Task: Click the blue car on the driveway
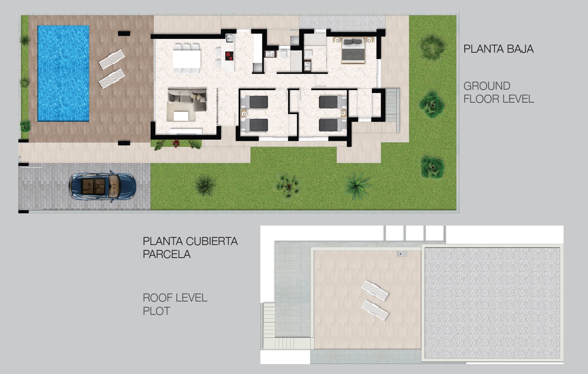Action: pyautogui.click(x=103, y=186)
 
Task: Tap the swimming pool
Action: pyautogui.click(x=63, y=73)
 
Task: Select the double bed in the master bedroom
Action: pyautogui.click(x=353, y=51)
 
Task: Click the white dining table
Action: pyautogui.click(x=186, y=59)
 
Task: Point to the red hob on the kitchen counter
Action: pyautogui.click(x=229, y=56)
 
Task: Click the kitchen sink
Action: pyautogui.click(x=229, y=38)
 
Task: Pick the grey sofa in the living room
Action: pyautogui.click(x=187, y=99)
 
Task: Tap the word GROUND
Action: pyautogui.click(x=487, y=86)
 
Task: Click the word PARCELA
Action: pyautogui.click(x=167, y=254)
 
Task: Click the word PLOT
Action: pyautogui.click(x=157, y=311)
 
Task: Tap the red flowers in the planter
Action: pyautogui.click(x=176, y=143)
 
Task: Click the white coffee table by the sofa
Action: pyautogui.click(x=181, y=116)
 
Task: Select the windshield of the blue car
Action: pyautogui.click(x=114, y=186)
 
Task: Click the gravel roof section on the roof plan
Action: pyautogui.click(x=492, y=303)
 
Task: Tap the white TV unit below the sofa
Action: pyautogui.click(x=186, y=132)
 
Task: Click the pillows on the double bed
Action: pyautogui.click(x=353, y=42)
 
